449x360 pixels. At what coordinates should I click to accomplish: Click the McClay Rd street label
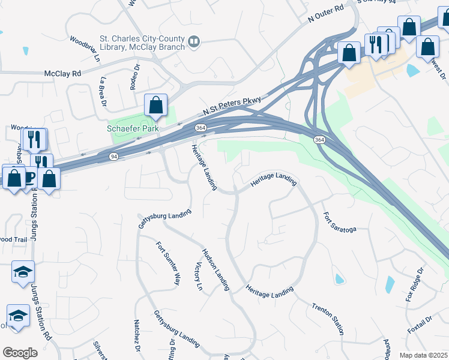(x=62, y=74)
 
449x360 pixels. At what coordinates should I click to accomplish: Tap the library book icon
(x=194, y=41)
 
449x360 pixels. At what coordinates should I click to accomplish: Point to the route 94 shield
(x=113, y=156)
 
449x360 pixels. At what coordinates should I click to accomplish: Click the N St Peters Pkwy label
(x=233, y=106)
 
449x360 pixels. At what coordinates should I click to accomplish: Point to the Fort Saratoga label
(x=340, y=222)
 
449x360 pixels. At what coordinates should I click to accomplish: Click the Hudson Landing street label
(x=216, y=269)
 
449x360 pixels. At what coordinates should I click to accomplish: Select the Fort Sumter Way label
(x=168, y=263)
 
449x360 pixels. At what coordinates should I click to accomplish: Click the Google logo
(x=20, y=353)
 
